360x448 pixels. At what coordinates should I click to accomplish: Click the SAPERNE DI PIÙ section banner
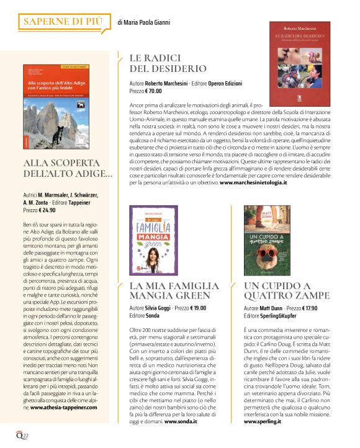pos(62,22)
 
